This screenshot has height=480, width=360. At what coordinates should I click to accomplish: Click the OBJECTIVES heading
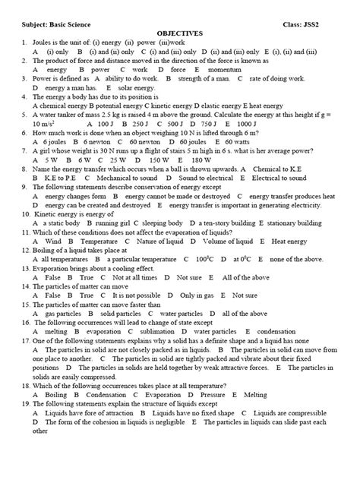click(179, 34)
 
